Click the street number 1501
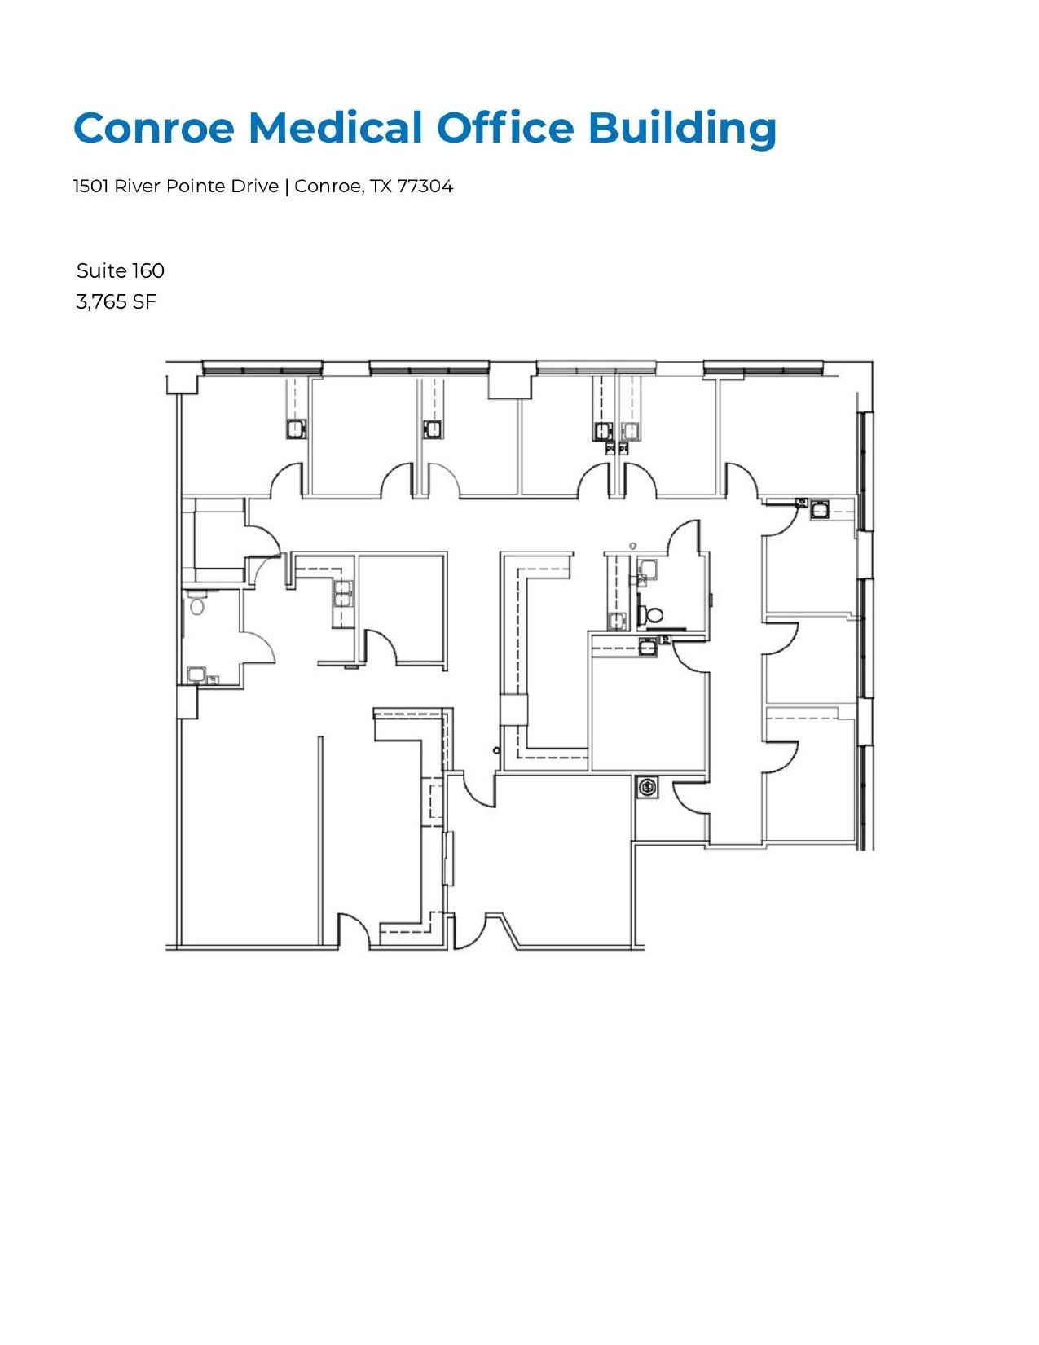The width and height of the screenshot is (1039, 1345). (91, 187)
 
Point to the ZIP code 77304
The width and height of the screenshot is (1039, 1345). (425, 187)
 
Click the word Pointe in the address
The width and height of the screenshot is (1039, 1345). (196, 187)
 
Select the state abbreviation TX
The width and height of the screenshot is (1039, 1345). (381, 187)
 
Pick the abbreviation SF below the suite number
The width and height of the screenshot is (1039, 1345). (144, 302)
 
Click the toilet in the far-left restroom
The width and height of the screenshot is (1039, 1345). (196, 605)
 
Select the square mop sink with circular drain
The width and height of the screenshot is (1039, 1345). (647, 788)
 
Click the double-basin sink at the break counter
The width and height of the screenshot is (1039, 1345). (343, 594)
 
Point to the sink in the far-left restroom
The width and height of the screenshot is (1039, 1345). (196, 675)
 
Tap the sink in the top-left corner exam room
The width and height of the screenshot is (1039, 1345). (295, 428)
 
